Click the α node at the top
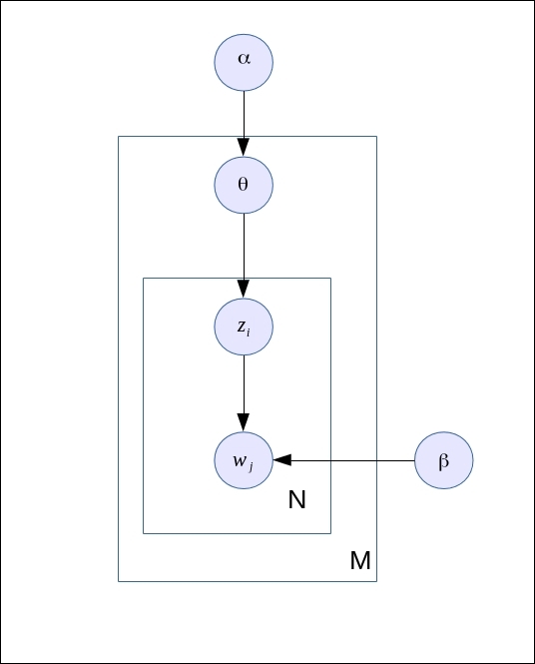(244, 62)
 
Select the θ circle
(244, 185)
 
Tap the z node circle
(244, 327)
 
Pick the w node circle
(244, 460)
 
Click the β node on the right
(443, 460)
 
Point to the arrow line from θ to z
(244, 250)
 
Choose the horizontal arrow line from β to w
(349, 460)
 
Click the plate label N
(296, 500)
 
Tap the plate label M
(360, 562)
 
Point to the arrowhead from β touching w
(281, 460)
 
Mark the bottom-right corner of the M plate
(376, 581)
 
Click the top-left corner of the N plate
(143, 278)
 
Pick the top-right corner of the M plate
(376, 136)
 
